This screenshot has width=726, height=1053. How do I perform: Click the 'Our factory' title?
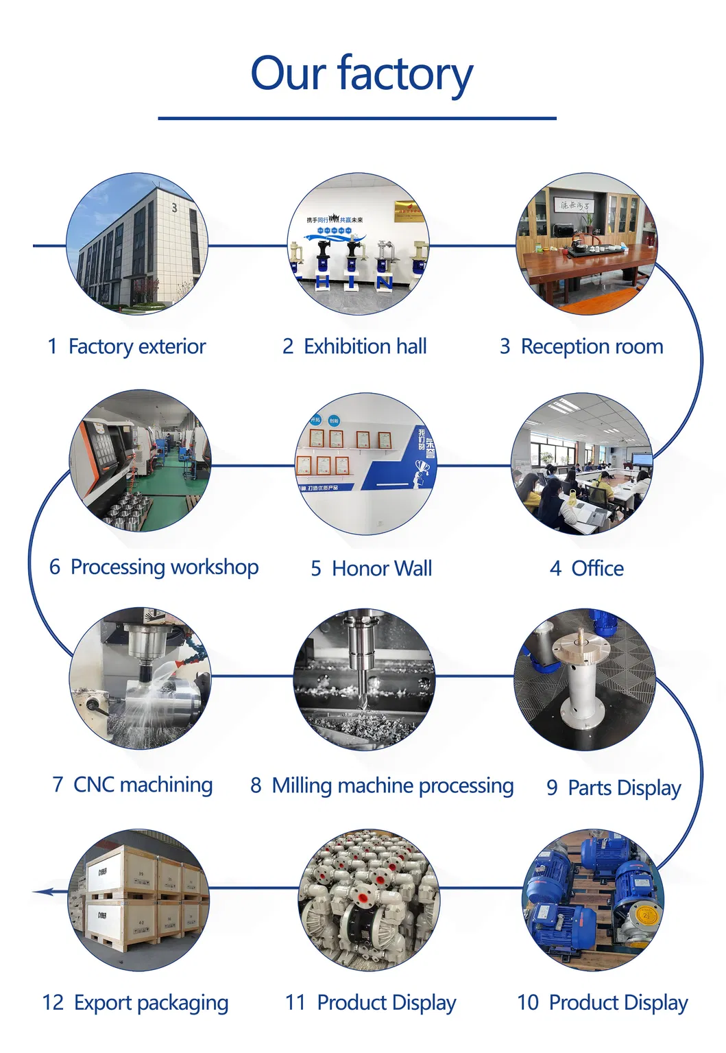coord(361,74)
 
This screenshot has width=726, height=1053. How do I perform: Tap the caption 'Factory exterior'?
coord(136,347)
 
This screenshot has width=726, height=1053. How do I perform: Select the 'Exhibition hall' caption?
coord(365,347)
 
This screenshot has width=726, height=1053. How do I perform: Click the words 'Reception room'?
coord(592,347)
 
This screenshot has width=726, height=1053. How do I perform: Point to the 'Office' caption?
coord(597,569)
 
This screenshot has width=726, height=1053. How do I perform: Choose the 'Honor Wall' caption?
coord(381,569)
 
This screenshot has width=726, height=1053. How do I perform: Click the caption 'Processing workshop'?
coord(164,567)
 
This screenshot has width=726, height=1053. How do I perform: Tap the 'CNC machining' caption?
coord(143,785)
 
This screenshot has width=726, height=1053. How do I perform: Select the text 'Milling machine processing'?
coord(392,785)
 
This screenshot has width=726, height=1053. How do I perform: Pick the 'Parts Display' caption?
coord(624,788)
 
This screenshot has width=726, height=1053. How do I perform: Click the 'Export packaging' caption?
coord(151,1003)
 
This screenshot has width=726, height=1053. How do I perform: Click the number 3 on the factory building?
coord(174,207)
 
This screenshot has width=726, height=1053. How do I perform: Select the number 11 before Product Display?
coord(295,1003)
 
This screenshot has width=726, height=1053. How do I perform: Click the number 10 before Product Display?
coord(528,1003)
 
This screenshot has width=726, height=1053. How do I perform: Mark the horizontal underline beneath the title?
coord(356,119)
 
